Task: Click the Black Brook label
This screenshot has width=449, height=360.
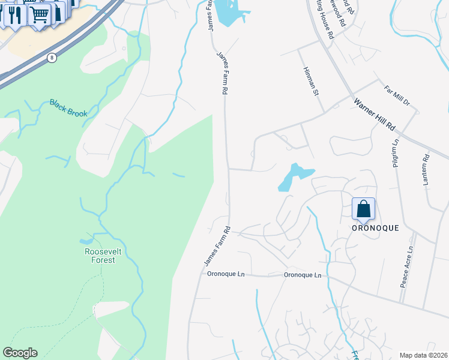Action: coord(68,108)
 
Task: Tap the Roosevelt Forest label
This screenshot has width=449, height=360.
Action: coord(100,256)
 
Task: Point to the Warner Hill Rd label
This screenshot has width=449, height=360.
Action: coord(375,115)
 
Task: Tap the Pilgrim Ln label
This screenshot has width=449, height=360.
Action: coord(396,154)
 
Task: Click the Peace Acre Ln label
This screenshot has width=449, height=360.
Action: coord(407,266)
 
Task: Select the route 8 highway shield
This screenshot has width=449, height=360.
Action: coord(52,58)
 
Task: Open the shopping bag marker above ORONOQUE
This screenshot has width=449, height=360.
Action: coord(363,209)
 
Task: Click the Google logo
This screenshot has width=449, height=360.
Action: coord(20,353)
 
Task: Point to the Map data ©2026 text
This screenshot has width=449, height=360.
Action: coord(423,355)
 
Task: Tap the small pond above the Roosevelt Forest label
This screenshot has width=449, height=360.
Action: coord(85,242)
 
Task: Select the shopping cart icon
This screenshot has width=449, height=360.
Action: coord(40,14)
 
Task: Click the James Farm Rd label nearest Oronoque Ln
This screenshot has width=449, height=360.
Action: coord(217,247)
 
